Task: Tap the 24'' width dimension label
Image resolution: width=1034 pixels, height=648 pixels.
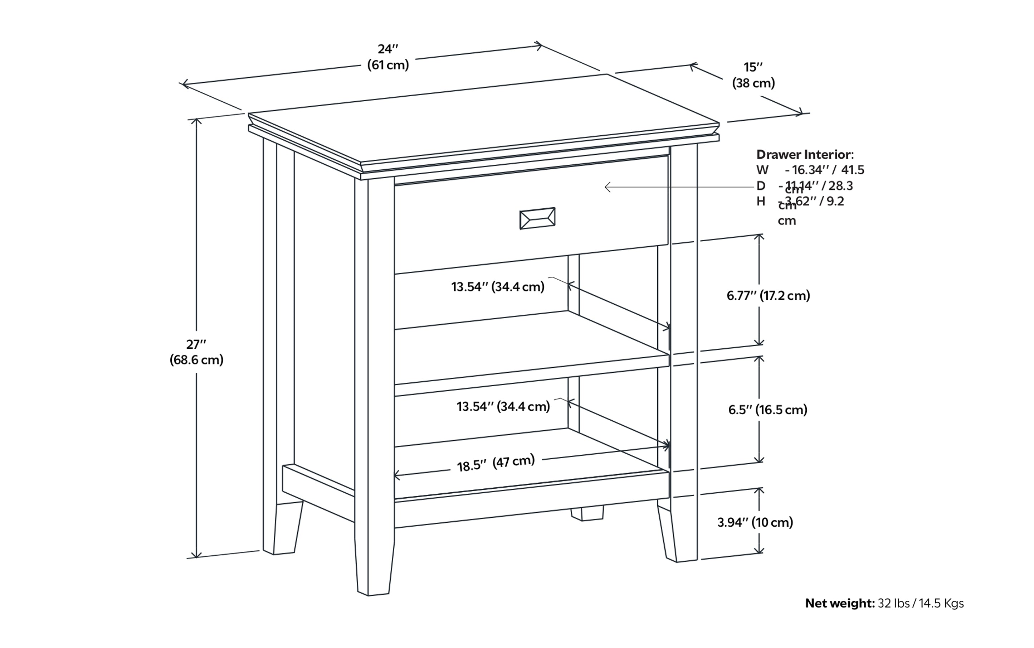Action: pos(387,49)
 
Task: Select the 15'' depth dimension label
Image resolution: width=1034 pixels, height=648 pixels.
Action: pos(753,67)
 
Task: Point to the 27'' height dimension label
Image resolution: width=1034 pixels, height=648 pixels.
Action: pos(196,344)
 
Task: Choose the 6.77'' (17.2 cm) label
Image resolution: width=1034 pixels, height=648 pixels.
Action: pos(768,296)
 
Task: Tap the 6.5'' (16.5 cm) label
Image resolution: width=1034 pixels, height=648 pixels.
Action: pos(767,410)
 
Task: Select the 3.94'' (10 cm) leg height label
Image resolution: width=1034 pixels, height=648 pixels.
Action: pos(755,522)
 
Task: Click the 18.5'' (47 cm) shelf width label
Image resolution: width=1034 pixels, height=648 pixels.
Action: pos(496,463)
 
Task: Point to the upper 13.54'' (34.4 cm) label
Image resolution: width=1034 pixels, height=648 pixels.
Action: pos(498,287)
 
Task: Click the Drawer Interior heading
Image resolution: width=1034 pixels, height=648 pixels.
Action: pos(804,155)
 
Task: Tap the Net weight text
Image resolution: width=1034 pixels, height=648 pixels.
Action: pos(839,604)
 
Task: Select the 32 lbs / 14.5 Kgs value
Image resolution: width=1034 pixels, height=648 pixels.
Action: pos(921,604)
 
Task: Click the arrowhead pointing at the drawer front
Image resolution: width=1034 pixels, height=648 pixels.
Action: pos(608,187)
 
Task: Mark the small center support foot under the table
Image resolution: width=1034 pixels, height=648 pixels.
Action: pos(587,513)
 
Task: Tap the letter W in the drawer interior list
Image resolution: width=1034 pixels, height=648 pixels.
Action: pos(762,170)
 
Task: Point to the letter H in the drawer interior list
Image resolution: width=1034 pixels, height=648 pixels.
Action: pos(761,202)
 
